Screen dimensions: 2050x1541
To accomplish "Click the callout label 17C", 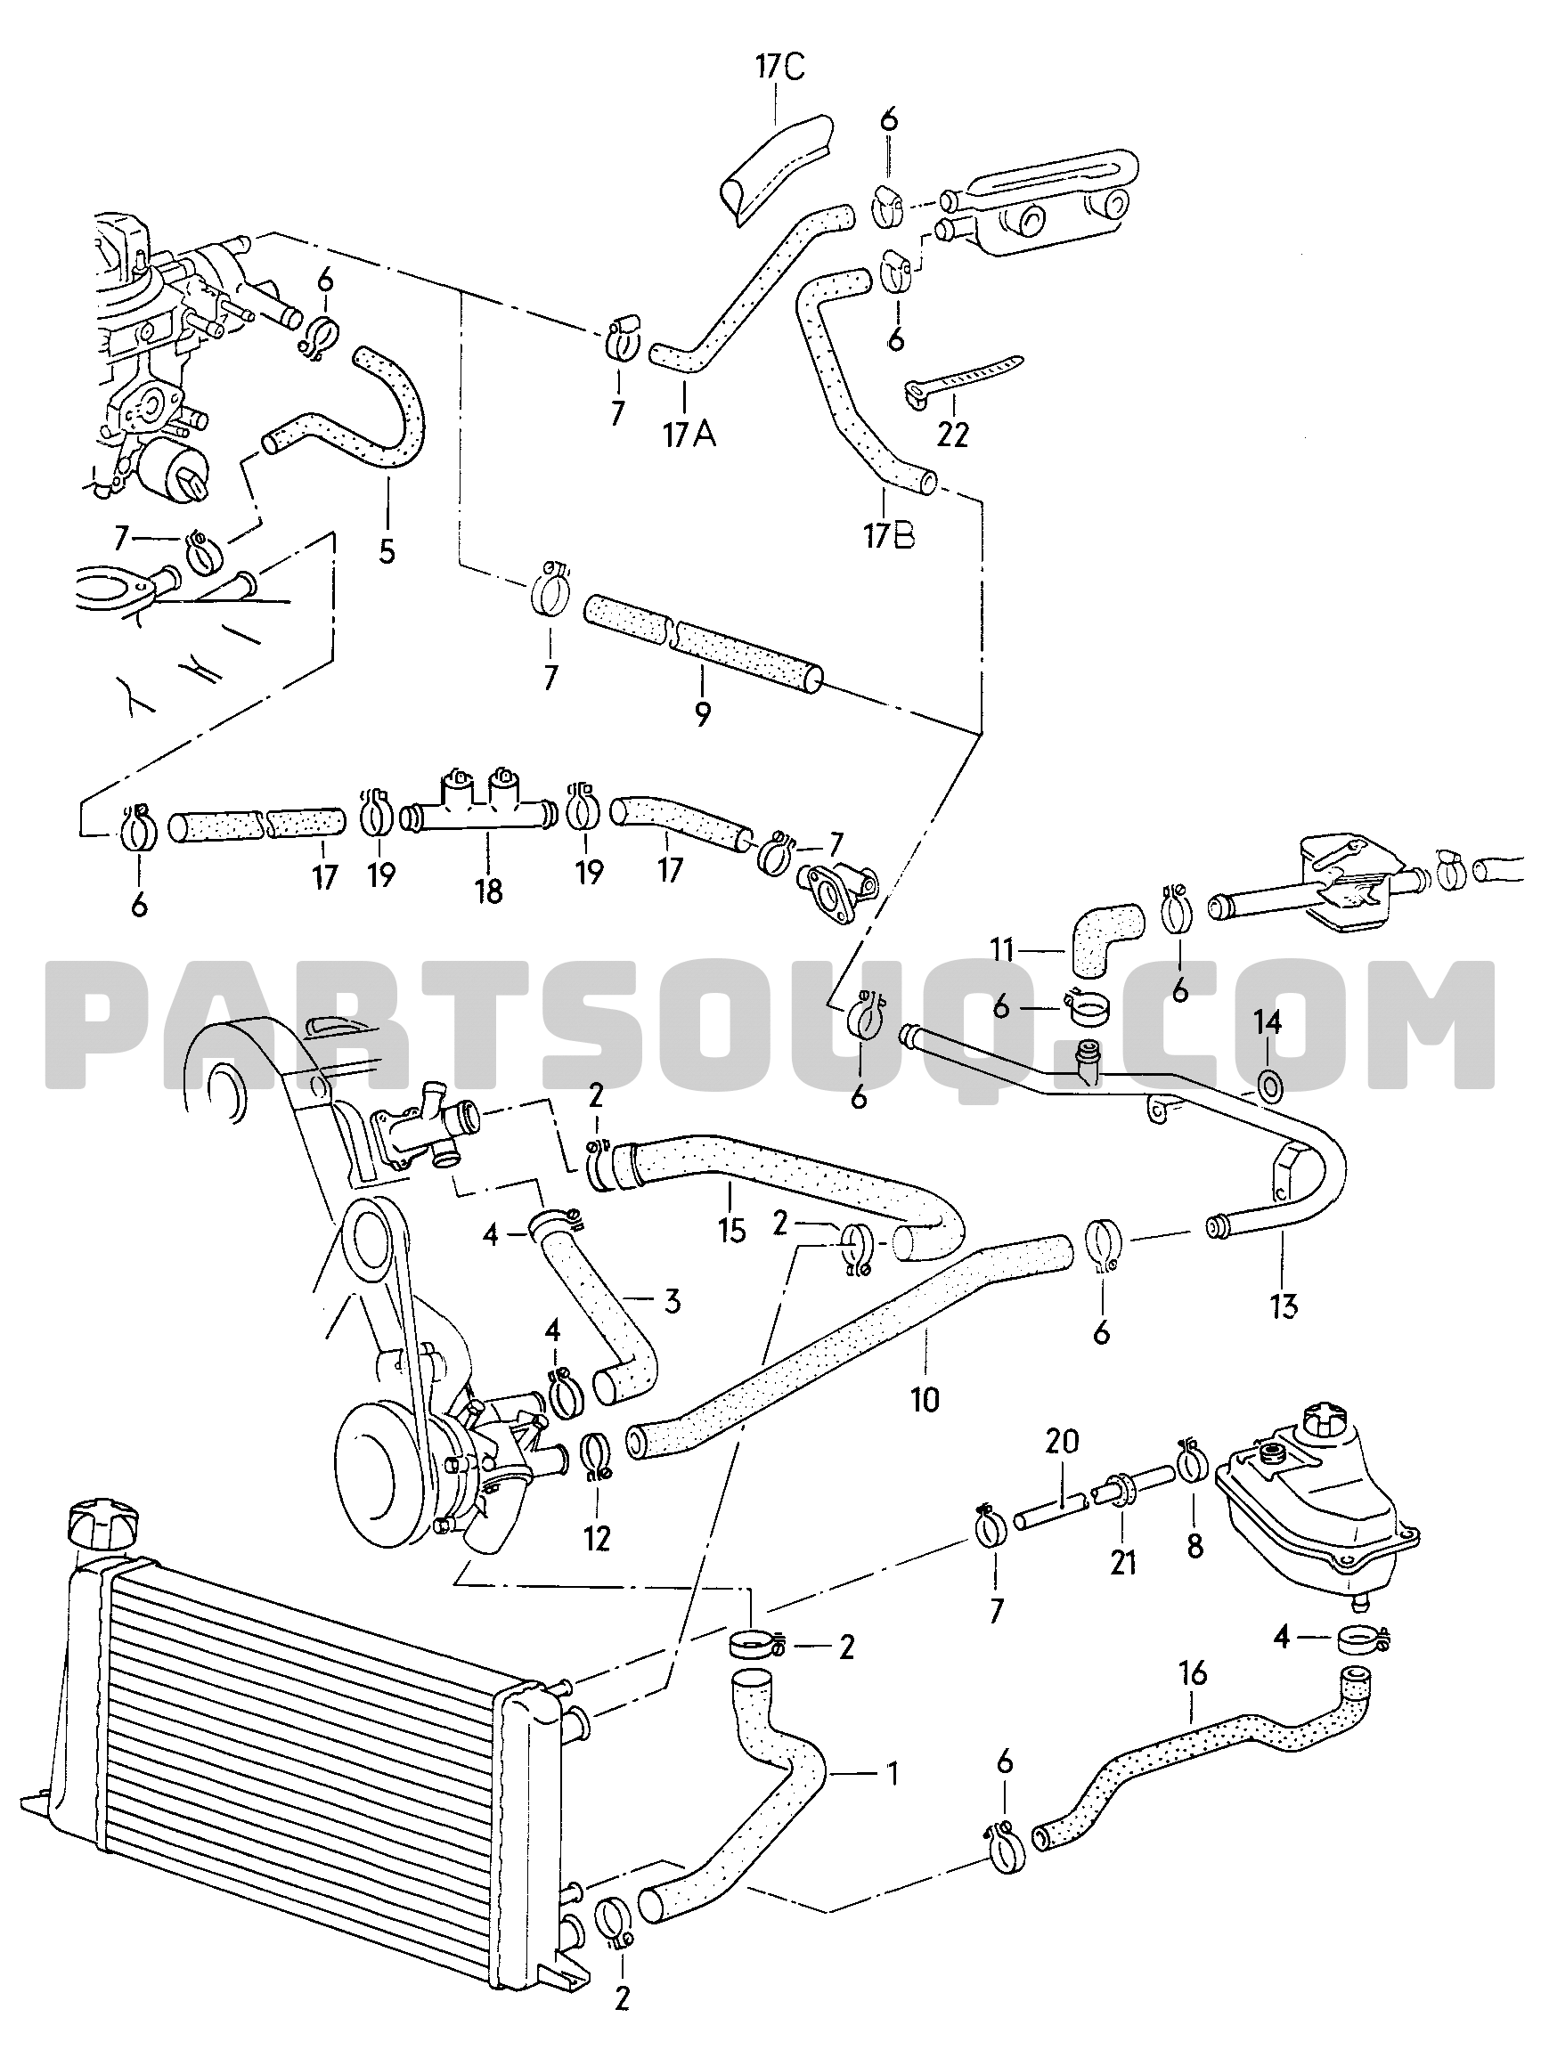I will pos(779,70).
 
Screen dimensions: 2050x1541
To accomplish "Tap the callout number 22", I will pos(952,434).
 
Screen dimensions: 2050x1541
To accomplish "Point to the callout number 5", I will pos(386,550).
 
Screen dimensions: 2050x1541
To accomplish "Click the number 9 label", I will pos(702,713).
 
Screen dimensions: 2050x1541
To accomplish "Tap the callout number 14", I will pos(1268,1023).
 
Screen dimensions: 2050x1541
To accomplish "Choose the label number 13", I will pos(1284,1307).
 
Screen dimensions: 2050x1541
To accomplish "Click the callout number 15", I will pos(731,1232).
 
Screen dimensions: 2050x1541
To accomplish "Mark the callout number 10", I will pos(925,1398).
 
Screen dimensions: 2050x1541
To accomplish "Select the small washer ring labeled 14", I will pos(1268,1081).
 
